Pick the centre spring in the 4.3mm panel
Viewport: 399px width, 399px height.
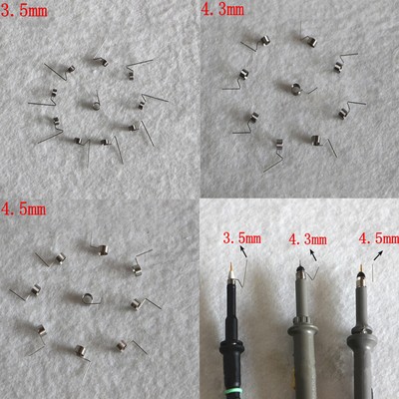296,88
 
